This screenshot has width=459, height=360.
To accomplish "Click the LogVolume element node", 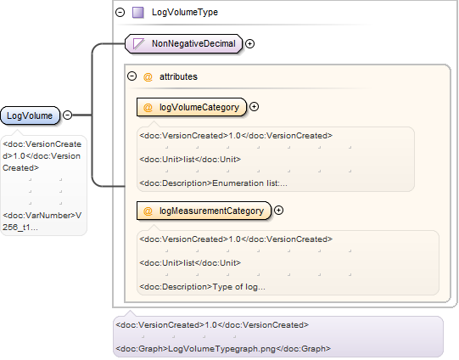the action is (x=31, y=115).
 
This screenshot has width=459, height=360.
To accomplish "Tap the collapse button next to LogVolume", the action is (x=68, y=115).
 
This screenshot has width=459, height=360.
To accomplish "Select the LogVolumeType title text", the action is (x=185, y=12).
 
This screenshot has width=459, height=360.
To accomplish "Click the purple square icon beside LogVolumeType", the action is (x=138, y=13).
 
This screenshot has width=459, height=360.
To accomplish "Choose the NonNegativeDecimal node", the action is (x=184, y=43).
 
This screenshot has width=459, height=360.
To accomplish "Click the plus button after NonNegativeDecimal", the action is (x=249, y=43).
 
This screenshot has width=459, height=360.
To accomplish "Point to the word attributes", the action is (x=178, y=76).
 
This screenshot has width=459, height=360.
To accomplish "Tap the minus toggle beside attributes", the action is (x=132, y=76).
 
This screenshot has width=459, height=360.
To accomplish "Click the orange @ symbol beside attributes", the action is (x=148, y=77).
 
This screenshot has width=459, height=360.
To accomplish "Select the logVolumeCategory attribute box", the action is (x=192, y=107).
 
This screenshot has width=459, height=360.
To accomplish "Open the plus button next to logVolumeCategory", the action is (x=254, y=107).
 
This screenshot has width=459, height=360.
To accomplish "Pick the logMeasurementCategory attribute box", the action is (x=204, y=211).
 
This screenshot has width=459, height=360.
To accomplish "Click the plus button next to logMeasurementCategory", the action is (x=278, y=211).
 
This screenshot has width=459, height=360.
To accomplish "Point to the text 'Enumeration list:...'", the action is (x=249, y=183).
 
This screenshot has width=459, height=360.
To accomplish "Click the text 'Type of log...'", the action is (x=239, y=287).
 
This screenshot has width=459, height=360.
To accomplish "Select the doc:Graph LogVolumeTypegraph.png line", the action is (x=223, y=349).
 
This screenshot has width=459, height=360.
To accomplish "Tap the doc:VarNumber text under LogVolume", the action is (x=42, y=221).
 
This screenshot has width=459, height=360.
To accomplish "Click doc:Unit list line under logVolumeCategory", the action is (x=190, y=160).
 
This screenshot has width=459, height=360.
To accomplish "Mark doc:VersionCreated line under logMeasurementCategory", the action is (x=236, y=239).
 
